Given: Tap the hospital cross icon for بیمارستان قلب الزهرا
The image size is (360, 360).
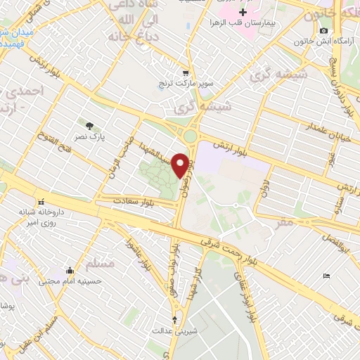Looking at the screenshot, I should coord(243,13).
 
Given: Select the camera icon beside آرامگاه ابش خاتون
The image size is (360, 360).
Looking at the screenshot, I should coord(323,31).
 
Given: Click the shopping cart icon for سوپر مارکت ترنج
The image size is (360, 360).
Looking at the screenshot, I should coord(186,72).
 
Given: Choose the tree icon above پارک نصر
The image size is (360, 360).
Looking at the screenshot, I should coord(89,125).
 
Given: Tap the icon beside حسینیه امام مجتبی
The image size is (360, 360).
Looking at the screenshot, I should coord(70,270).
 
